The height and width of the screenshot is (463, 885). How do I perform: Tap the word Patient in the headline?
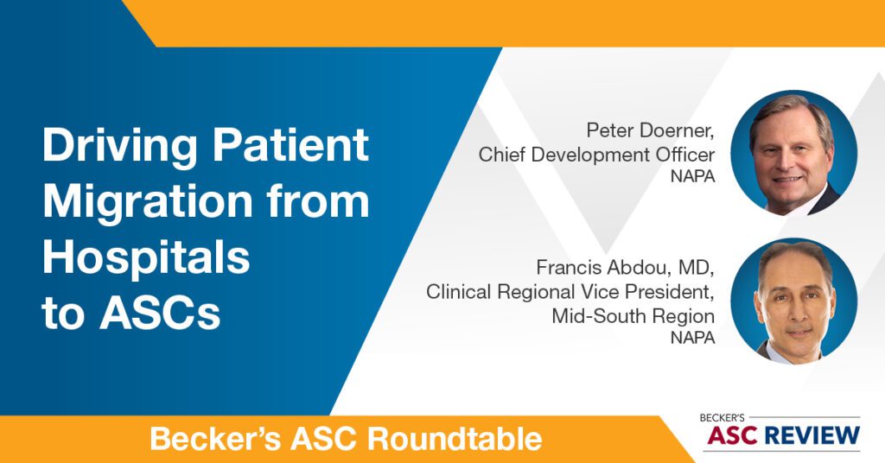(x=290, y=145)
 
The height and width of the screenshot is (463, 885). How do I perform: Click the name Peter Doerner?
(x=650, y=130)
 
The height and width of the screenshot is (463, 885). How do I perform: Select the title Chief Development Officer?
(x=596, y=155)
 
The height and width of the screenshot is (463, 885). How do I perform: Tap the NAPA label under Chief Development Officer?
(x=692, y=176)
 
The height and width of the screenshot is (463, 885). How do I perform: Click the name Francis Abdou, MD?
(x=626, y=267)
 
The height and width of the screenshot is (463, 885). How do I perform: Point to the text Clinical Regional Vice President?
(x=570, y=292)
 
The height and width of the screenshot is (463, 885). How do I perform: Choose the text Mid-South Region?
(x=634, y=316)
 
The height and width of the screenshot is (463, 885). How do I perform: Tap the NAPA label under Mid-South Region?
(x=692, y=338)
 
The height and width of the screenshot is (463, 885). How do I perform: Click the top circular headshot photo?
(x=793, y=153)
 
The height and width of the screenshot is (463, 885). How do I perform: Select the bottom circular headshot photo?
(x=793, y=301)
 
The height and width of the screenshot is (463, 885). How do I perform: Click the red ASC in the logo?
(x=734, y=436)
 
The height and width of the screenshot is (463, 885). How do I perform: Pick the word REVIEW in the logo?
(x=813, y=436)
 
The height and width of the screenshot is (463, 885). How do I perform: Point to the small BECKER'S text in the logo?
(x=722, y=418)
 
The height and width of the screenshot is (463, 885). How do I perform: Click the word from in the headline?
(x=318, y=200)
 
